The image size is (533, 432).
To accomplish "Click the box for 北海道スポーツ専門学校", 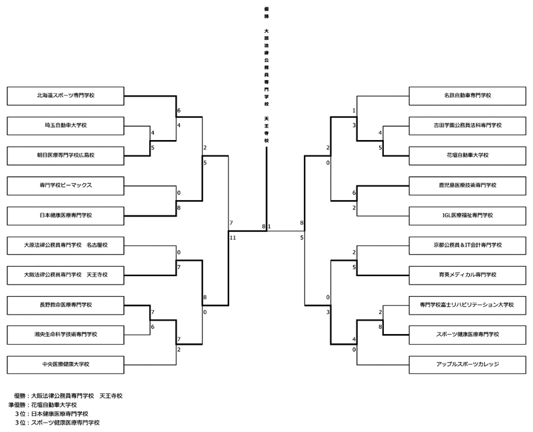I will (x=65, y=95).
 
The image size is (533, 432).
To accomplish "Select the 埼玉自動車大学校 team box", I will (x=65, y=125).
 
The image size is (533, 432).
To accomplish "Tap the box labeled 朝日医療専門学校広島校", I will (x=65, y=155).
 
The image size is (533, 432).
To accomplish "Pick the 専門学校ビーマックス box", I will (x=65, y=185).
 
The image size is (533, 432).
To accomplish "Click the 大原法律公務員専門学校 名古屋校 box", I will (x=65, y=245).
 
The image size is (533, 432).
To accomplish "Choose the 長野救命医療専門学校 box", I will (x=65, y=305).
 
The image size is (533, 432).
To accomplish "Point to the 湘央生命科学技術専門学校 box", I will (x=65, y=335).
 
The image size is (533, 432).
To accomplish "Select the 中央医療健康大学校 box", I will (x=65, y=365).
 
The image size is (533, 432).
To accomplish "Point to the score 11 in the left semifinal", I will (x=233, y=237).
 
